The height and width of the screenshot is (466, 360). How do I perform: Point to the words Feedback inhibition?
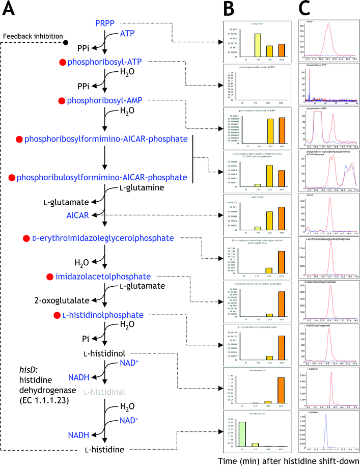click(31, 37)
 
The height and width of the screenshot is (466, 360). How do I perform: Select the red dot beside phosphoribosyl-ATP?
click(63, 62)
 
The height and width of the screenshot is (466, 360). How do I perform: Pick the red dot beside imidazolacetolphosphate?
click(49, 277)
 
